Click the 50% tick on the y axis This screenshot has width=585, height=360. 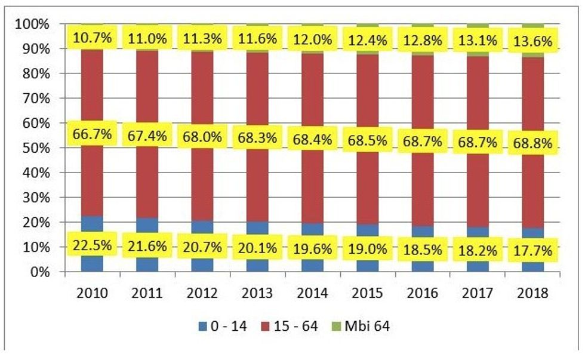(x=49, y=148)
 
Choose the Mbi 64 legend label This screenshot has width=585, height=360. (x=375, y=326)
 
